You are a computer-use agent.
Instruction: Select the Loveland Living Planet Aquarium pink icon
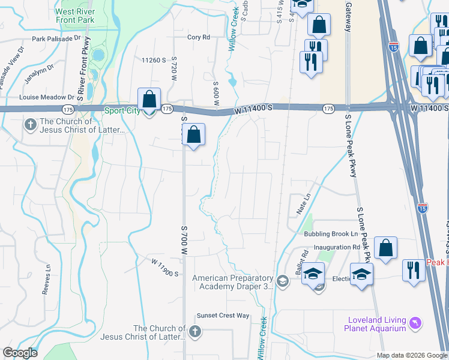pyautogui.click(x=414, y=323)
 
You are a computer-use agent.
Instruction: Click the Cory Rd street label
pyautogui.click(x=198, y=37)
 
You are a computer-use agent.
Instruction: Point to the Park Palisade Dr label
pyautogui.click(x=56, y=38)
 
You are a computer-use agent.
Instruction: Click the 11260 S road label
pyautogui.click(x=153, y=60)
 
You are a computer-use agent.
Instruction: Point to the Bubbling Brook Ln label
pyautogui.click(x=330, y=234)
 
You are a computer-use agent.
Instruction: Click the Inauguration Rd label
pyautogui.click(x=340, y=247)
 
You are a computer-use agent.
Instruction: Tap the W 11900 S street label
pyautogui.click(x=166, y=268)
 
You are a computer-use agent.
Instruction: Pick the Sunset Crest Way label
pyautogui.click(x=223, y=316)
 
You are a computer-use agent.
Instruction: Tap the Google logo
pyautogui.click(x=20, y=353)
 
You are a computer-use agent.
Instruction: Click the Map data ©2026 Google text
pyautogui.click(x=412, y=355)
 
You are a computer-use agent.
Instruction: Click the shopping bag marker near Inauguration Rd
pyautogui.click(x=385, y=247)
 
